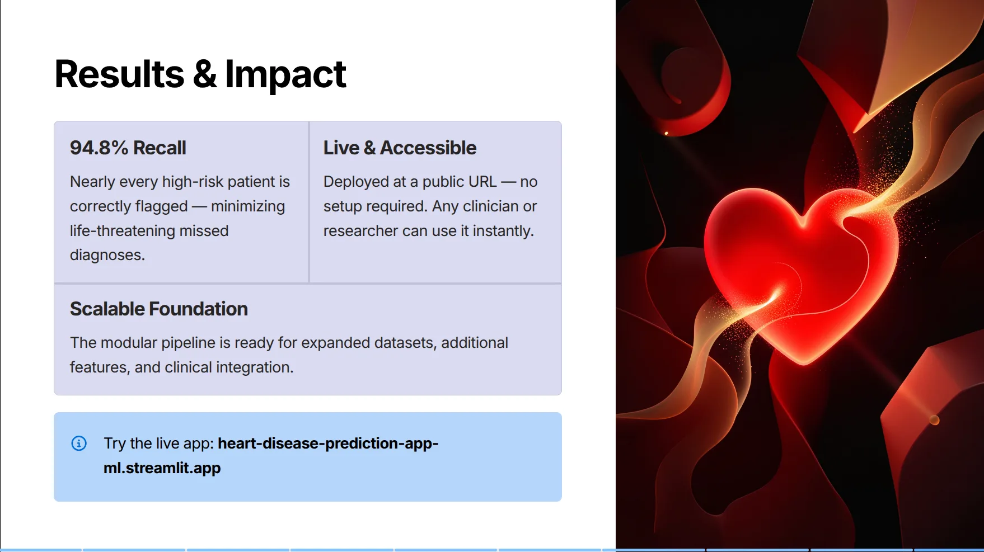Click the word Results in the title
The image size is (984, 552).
119,74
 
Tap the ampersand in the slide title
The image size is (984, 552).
205,74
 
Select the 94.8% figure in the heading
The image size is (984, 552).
99,148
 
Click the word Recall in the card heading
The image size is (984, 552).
160,148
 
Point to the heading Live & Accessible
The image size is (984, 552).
400,148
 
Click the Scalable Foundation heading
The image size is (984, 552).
159,309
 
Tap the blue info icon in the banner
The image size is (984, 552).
79,444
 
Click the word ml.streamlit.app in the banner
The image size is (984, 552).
162,468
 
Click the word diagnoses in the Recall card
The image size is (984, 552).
107,256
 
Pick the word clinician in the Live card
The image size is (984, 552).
491,206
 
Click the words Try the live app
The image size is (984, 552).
159,444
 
